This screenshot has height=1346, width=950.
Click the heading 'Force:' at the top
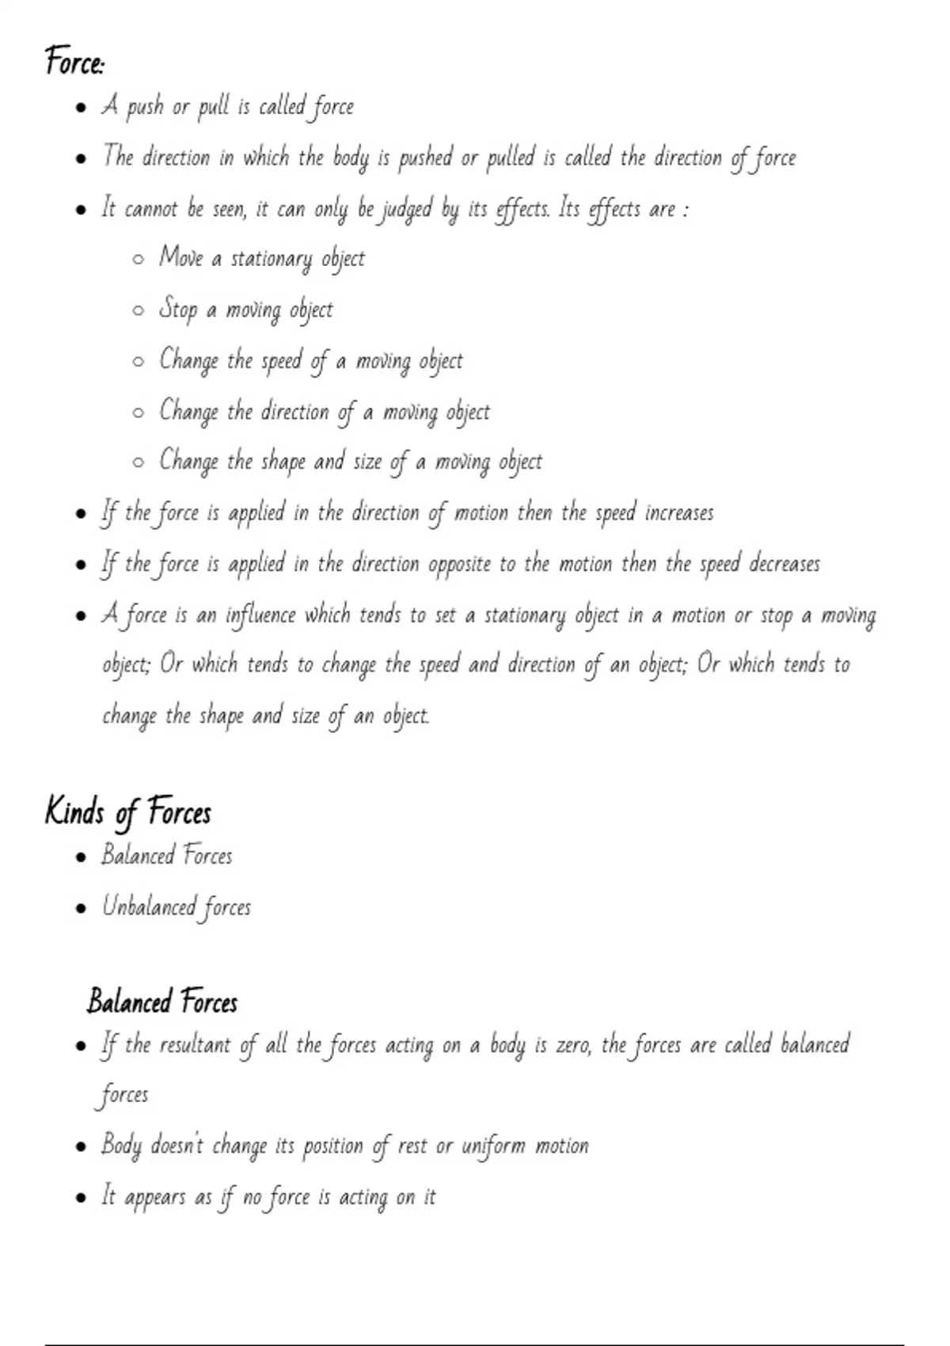(x=74, y=62)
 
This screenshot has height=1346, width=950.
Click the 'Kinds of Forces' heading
(x=128, y=812)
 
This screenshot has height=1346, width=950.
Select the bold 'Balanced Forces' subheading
(x=162, y=1002)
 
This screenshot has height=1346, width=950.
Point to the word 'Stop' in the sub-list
(x=178, y=310)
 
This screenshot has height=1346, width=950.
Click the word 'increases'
(x=679, y=513)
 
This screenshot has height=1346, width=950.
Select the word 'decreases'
(x=784, y=564)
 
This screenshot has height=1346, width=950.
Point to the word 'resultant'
(x=195, y=1045)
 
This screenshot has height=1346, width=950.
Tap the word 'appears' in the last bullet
(x=157, y=1198)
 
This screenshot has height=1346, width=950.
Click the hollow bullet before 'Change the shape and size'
(x=139, y=462)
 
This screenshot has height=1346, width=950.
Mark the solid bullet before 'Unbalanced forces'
(x=80, y=908)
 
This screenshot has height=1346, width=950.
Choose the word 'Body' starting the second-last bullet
(x=121, y=1146)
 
